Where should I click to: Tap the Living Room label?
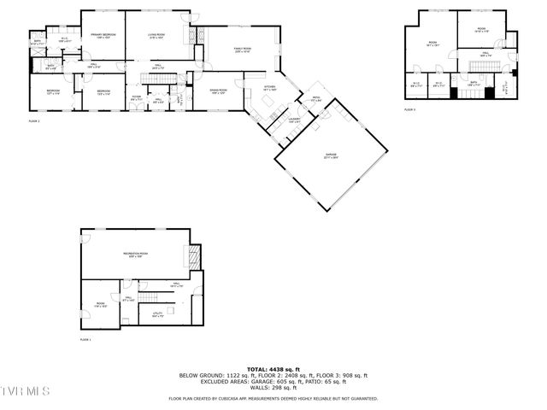click(x=158, y=36)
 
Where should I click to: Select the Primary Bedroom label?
click(x=103, y=36)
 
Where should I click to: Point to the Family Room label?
click(x=243, y=50)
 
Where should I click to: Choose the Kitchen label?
click(x=269, y=88)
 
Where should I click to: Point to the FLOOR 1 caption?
click(x=85, y=340)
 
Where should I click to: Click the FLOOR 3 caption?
click(x=409, y=110)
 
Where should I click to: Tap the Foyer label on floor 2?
click(x=136, y=97)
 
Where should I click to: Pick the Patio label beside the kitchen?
click(x=315, y=99)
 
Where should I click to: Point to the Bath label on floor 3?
click(x=473, y=83)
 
